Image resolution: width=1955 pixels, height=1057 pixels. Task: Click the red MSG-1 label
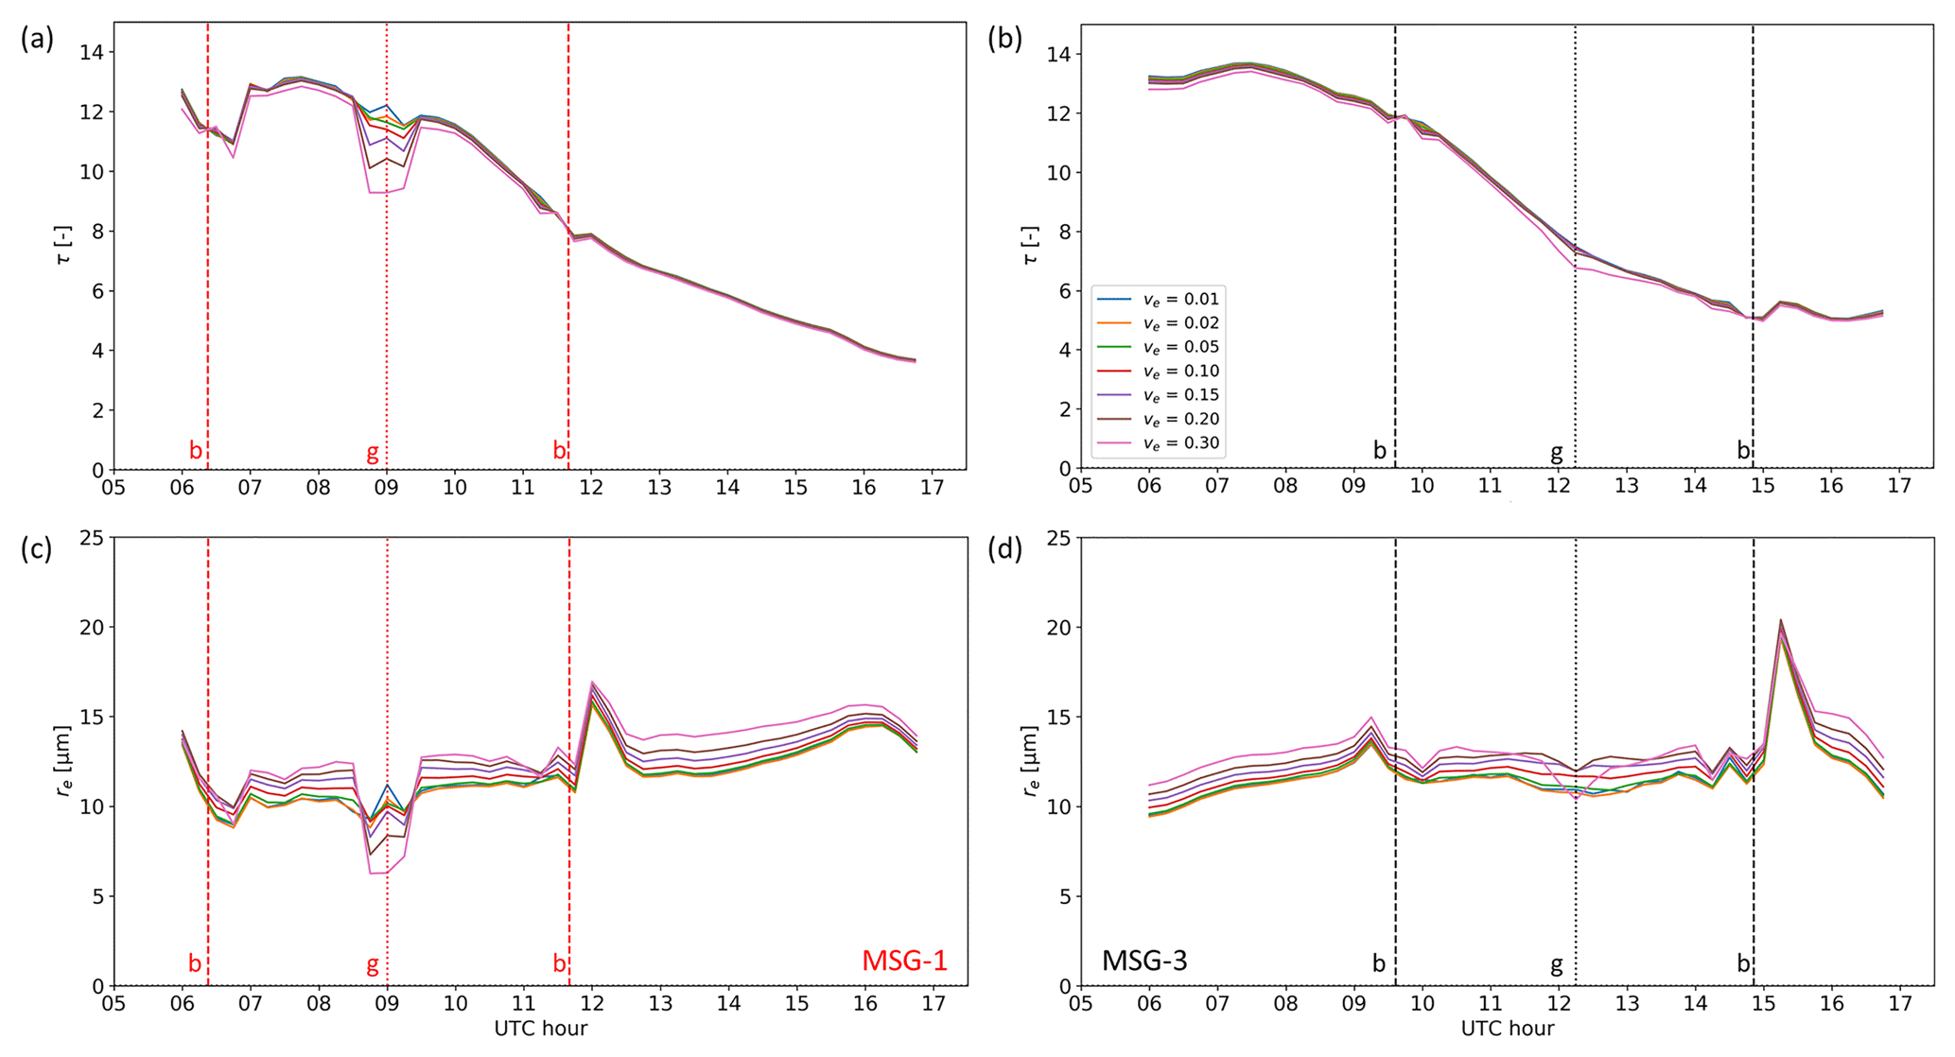tap(903, 961)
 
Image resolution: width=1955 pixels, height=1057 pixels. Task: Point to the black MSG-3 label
tap(1144, 961)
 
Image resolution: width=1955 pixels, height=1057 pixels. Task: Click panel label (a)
tap(37, 39)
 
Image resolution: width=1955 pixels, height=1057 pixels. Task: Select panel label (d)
tap(1004, 549)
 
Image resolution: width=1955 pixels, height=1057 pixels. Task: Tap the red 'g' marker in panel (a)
tap(373, 453)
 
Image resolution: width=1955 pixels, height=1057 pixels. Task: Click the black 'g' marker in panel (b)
tap(1556, 453)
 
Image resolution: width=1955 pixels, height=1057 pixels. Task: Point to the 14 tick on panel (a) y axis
tap(92, 52)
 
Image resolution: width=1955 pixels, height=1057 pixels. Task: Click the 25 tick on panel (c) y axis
tap(92, 538)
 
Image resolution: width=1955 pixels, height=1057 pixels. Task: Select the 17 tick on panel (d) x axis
tap(1899, 1003)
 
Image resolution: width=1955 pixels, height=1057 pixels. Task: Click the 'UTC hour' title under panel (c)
tap(540, 1030)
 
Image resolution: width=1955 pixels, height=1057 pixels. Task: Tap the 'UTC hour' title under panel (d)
tap(1507, 1030)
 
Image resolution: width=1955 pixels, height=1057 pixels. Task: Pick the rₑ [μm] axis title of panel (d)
tap(1030, 761)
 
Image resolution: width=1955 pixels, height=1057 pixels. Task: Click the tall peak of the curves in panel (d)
tap(1781, 622)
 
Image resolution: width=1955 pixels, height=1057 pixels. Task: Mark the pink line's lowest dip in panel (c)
tap(378, 872)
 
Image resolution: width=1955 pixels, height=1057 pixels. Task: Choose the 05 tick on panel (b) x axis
tap(1080, 486)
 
